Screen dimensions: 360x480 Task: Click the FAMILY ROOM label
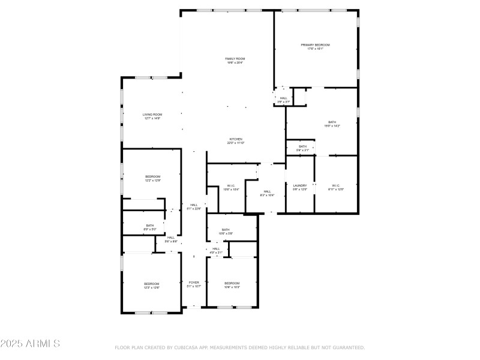coord(235,59)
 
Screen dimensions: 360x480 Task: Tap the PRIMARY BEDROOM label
coord(315,45)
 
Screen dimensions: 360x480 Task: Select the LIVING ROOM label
coord(152,115)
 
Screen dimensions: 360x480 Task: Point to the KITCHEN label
coord(235,139)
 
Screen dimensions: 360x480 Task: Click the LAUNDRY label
coord(300,185)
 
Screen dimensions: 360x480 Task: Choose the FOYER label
coord(194,282)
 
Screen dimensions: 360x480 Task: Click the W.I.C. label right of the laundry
coord(337,185)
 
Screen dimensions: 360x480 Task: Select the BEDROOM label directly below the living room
coord(152,176)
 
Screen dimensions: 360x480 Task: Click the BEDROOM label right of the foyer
coord(232,283)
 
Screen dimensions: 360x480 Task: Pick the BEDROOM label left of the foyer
coord(151,283)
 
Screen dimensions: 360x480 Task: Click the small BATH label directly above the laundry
coord(303,146)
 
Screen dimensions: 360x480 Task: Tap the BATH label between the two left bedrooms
coord(149,226)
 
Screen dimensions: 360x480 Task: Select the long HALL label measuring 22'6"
coord(194,205)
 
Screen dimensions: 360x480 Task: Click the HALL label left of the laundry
coord(267,191)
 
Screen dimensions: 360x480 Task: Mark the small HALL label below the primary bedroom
coord(284,98)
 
